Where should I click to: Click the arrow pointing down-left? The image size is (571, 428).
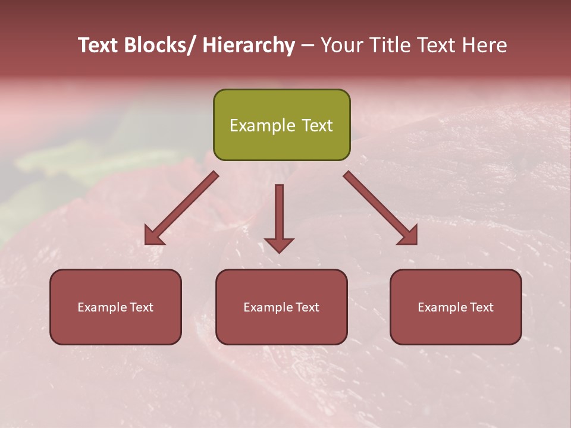(181, 208)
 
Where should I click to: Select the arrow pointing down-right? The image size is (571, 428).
(381, 208)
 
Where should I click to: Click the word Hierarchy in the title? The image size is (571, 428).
(249, 46)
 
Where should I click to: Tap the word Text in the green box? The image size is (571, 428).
(316, 125)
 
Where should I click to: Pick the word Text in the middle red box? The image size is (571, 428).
(307, 307)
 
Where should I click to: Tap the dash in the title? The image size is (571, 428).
(308, 46)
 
